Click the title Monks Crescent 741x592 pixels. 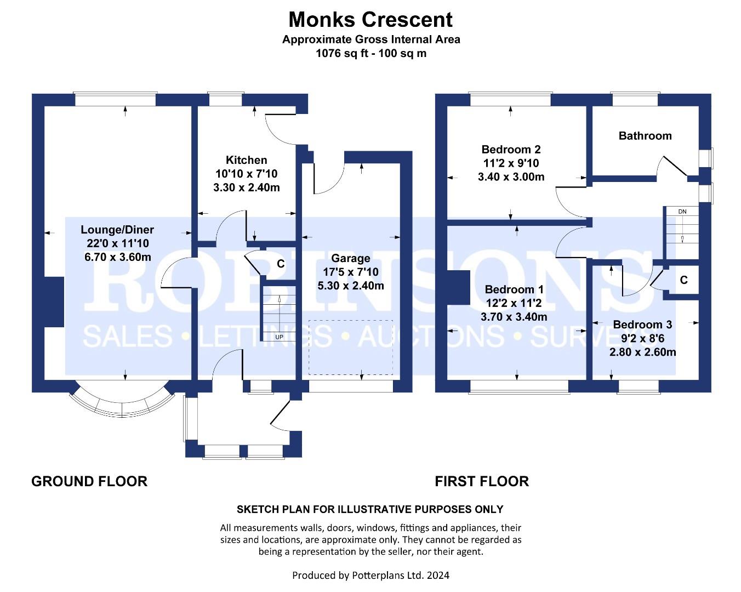coord(371,20)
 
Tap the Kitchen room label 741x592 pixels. coord(247,160)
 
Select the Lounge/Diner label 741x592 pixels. coord(117,229)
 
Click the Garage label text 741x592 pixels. coord(351,258)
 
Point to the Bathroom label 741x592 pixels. coord(645,136)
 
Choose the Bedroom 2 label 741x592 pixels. coord(511,150)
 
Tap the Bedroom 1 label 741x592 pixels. coord(514,289)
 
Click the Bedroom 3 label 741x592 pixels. coord(642,325)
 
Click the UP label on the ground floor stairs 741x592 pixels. coord(280,337)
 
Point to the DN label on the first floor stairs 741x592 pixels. coord(682,212)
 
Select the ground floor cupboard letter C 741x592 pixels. coord(281,264)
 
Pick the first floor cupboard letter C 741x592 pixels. coord(683,280)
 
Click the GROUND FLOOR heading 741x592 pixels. coord(89,481)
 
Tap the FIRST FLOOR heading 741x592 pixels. coord(482,481)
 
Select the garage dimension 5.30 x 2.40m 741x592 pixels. coord(351,286)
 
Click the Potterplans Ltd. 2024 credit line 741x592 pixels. coord(371,575)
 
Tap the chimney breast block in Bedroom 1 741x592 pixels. coord(458,288)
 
